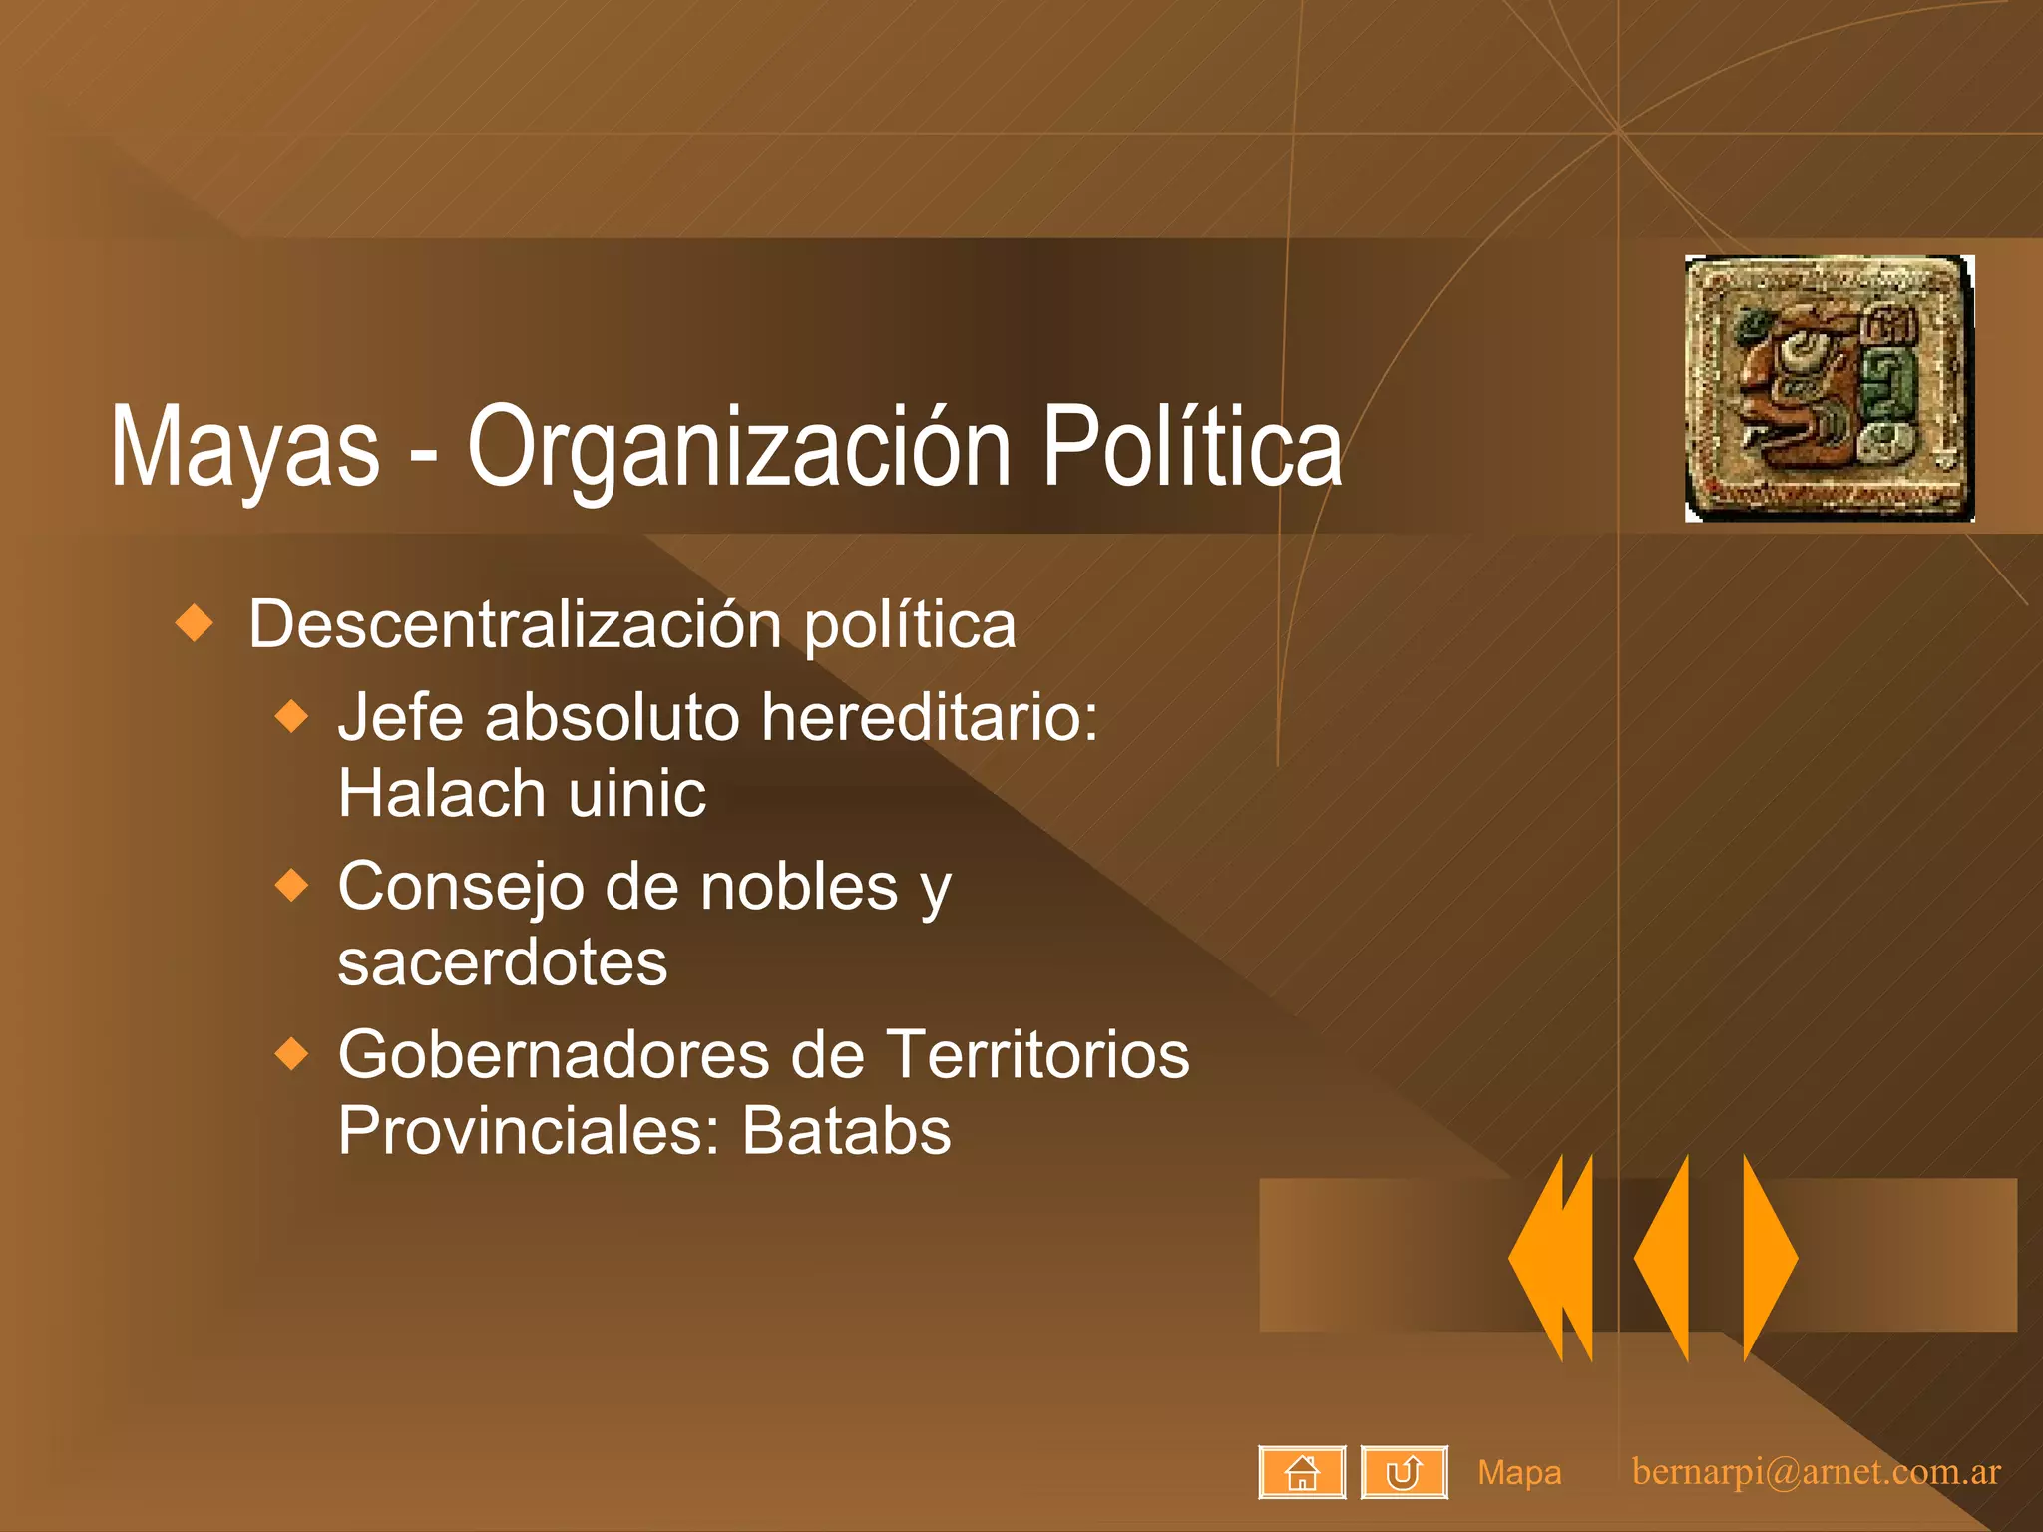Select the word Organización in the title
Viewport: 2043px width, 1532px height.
tap(738, 449)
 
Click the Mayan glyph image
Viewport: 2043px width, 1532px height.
tap(1829, 388)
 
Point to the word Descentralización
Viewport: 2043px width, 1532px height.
tap(515, 625)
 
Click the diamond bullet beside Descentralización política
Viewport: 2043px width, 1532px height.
tap(195, 623)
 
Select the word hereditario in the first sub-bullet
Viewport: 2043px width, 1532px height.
tap(929, 717)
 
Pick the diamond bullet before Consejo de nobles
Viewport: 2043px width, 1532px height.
tap(292, 885)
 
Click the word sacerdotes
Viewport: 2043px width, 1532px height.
tap(503, 962)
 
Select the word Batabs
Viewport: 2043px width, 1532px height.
tap(846, 1131)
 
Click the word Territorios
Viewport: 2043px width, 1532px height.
tap(1037, 1055)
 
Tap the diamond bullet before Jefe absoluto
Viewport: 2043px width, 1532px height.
tap(292, 716)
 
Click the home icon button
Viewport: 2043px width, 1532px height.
tap(1302, 1472)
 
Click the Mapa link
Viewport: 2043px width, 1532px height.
tap(1519, 1472)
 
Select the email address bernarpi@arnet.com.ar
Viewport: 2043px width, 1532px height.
tap(1816, 1472)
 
